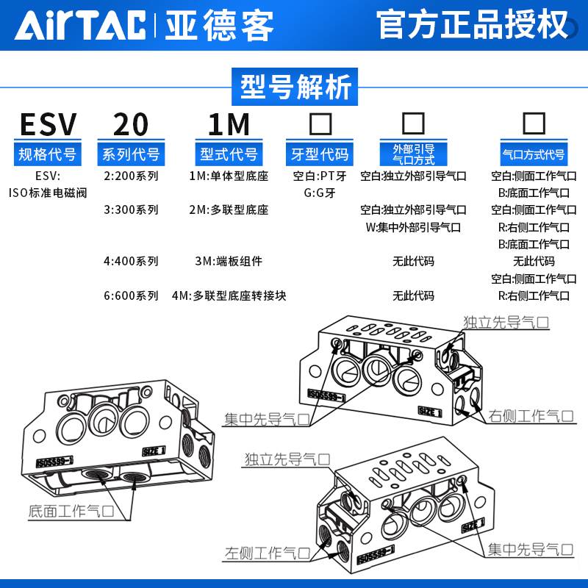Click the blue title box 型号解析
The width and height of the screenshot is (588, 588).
tap(294, 86)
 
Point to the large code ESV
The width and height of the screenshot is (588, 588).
tap(48, 125)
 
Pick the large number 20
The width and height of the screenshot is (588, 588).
tap(131, 125)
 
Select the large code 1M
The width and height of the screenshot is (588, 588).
tap(229, 125)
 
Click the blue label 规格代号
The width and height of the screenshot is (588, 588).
tap(48, 154)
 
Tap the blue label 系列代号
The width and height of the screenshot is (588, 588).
tap(131, 154)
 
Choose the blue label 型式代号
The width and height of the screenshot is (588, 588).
tap(229, 154)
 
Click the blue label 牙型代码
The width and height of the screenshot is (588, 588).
tap(320, 154)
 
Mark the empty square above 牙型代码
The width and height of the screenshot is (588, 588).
tap(320, 123)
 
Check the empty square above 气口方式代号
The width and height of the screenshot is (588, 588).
tap(533, 123)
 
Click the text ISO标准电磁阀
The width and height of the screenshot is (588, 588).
tap(48, 193)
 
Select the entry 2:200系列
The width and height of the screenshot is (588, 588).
tap(131, 176)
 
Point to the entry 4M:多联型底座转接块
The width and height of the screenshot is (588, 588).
tap(229, 295)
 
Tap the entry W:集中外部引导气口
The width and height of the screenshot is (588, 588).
tap(413, 227)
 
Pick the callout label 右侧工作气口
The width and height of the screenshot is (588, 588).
tap(531, 415)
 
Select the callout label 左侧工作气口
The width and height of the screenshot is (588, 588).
tap(267, 553)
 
